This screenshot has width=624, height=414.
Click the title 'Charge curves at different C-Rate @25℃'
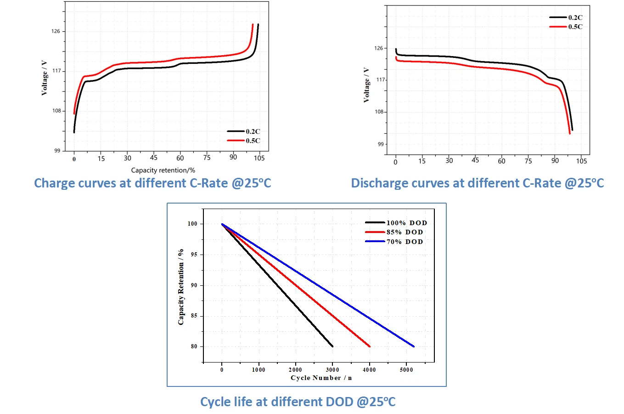(x=152, y=183)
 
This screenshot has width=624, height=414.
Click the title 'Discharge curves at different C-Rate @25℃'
(x=477, y=183)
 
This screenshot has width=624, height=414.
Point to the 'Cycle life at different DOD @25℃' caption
(x=298, y=402)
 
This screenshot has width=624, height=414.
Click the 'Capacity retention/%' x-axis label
(x=163, y=170)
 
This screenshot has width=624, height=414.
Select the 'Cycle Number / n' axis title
(x=321, y=378)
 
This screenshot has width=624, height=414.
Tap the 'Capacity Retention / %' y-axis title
(x=181, y=287)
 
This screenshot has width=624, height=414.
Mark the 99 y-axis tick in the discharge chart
(x=381, y=144)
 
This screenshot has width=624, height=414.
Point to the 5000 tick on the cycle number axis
(x=406, y=370)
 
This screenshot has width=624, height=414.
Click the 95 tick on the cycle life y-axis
(x=194, y=255)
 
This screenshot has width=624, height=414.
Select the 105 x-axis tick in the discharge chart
(x=581, y=161)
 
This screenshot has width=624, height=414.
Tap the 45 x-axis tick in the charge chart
(x=154, y=158)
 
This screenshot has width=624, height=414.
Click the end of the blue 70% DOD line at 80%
(x=414, y=346)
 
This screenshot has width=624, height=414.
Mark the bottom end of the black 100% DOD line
(x=332, y=346)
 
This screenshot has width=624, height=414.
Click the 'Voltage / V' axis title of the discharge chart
(x=366, y=85)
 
